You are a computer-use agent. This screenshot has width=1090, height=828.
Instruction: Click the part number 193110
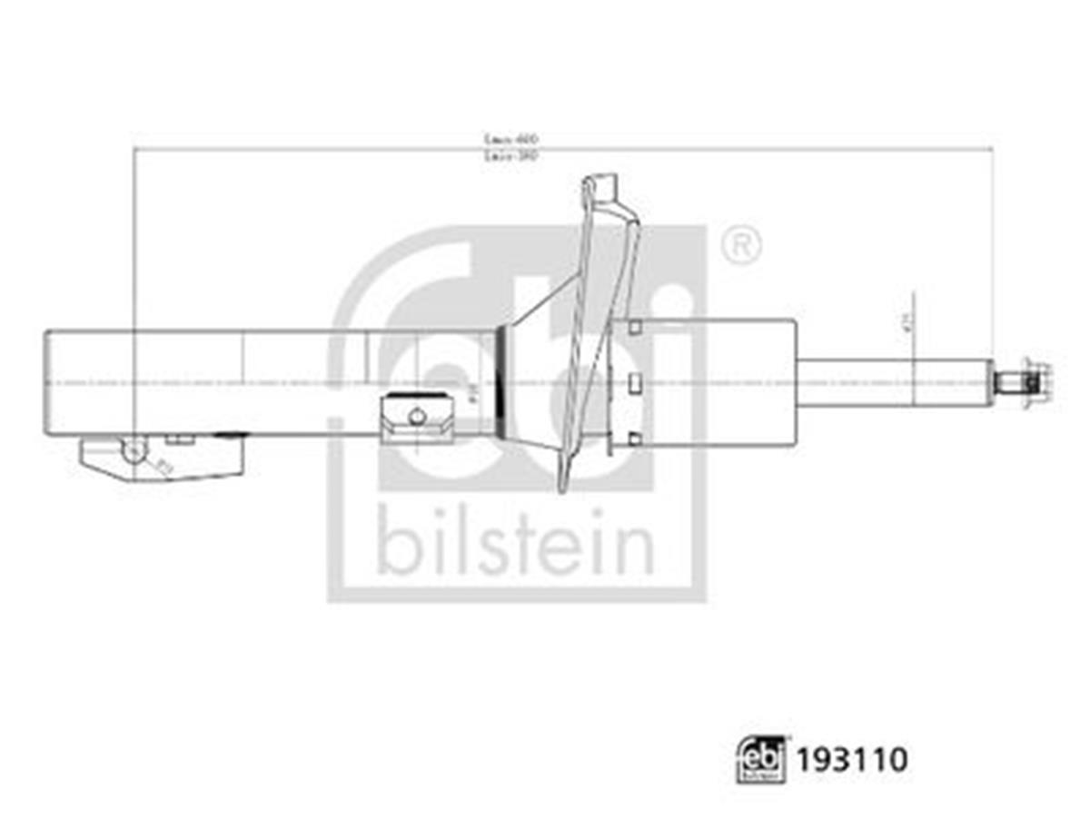pyautogui.click(x=852, y=759)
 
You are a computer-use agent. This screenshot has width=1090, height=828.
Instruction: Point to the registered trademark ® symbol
pyautogui.click(x=741, y=245)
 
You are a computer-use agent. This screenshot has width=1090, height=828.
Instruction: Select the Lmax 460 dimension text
pyautogui.click(x=511, y=139)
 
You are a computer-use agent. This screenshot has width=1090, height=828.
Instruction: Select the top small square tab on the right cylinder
pyautogui.click(x=635, y=327)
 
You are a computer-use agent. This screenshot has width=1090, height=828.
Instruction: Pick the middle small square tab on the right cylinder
pyautogui.click(x=635, y=381)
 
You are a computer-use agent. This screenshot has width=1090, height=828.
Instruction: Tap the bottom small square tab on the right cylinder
pyautogui.click(x=635, y=439)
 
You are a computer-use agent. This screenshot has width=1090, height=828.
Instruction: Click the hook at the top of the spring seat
pyautogui.click(x=599, y=188)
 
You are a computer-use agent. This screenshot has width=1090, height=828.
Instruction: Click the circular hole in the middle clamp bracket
pyautogui.click(x=417, y=417)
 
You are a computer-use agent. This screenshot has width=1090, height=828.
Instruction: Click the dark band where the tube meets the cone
pyautogui.click(x=499, y=381)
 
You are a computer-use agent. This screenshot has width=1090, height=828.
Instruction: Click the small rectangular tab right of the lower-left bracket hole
pyautogui.click(x=181, y=439)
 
